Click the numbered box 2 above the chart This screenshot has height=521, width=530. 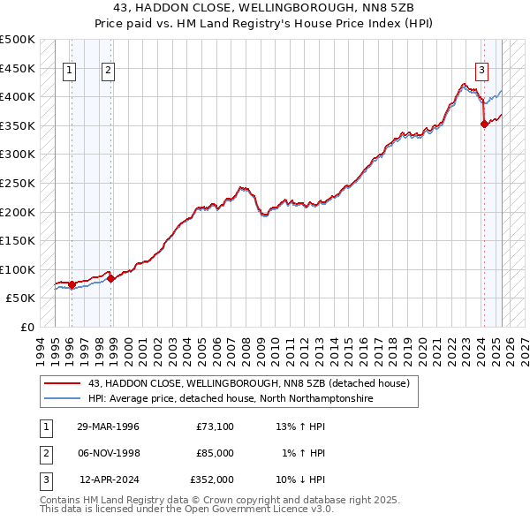click(x=108, y=72)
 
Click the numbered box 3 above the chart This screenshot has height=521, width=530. click(x=482, y=72)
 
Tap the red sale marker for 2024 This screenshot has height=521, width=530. click(x=484, y=125)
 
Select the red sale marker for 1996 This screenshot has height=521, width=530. click(x=72, y=284)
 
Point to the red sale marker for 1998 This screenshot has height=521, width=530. click(x=111, y=278)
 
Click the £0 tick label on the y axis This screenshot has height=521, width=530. click(x=26, y=327)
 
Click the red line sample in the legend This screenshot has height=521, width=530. click(x=61, y=384)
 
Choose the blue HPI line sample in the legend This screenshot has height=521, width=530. click(x=61, y=399)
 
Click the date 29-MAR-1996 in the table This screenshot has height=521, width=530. click(x=108, y=427)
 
